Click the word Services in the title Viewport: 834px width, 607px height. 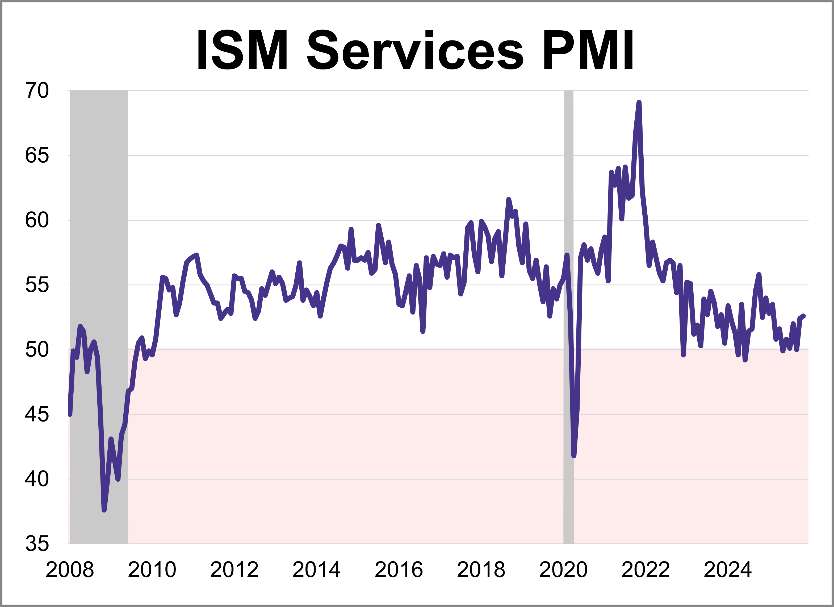[415, 51]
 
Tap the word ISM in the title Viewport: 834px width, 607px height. [242, 51]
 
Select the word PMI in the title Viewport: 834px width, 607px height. [588, 51]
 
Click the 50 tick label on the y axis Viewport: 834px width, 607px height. [37, 350]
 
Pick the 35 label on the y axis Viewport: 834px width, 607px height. [37, 544]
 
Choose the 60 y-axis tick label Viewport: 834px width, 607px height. [37, 220]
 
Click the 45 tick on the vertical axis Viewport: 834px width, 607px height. [37, 415]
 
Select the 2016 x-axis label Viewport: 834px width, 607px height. [399, 570]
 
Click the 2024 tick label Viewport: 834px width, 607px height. [727, 570]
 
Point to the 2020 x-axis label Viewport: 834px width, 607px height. [563, 570]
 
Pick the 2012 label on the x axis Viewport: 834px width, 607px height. [234, 570]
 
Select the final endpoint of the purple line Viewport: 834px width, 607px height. [804, 316]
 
